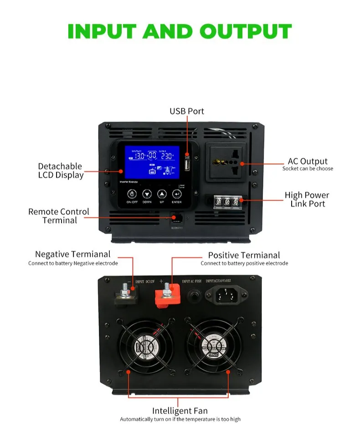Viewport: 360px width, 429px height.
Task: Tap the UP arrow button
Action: click(161, 194)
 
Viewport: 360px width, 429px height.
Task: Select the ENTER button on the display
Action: click(176, 194)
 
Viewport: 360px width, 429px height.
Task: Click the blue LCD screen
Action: click(152, 162)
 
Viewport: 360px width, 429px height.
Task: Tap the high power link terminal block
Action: click(226, 201)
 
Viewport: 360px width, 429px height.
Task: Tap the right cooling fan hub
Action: click(213, 346)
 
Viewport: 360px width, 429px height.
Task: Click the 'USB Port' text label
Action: click(187, 111)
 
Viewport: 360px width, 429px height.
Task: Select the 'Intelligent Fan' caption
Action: click(180, 411)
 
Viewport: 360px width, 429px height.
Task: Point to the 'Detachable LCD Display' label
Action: click(60, 171)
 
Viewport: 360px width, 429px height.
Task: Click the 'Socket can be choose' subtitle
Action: click(308, 169)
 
